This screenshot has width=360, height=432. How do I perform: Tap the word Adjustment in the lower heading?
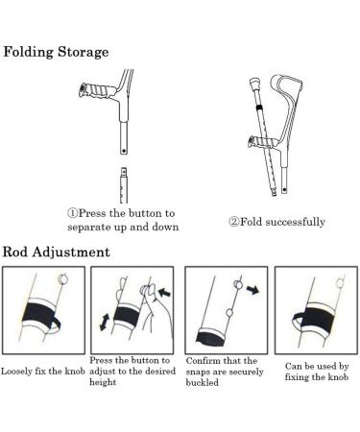click(x=76, y=252)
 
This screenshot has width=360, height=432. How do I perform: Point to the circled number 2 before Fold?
click(x=232, y=222)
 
